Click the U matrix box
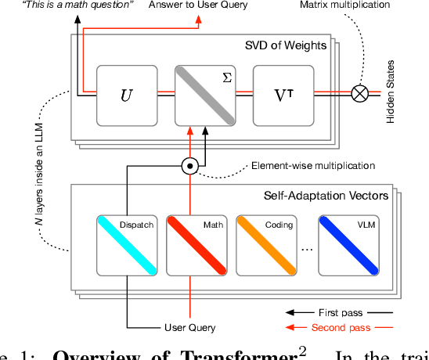point(126,96)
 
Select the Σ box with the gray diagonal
point(204,96)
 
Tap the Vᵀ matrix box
point(283,96)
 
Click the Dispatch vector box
point(126,244)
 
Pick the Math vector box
point(196,244)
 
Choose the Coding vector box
point(267,244)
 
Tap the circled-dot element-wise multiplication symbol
point(189,166)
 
